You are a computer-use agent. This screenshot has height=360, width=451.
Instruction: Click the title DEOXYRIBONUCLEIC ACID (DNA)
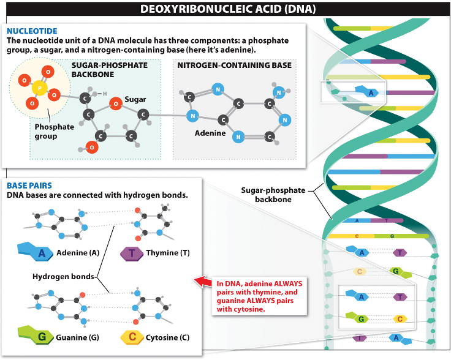pos(225,9)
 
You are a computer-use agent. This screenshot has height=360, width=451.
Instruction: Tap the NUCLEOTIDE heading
pos(32,30)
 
